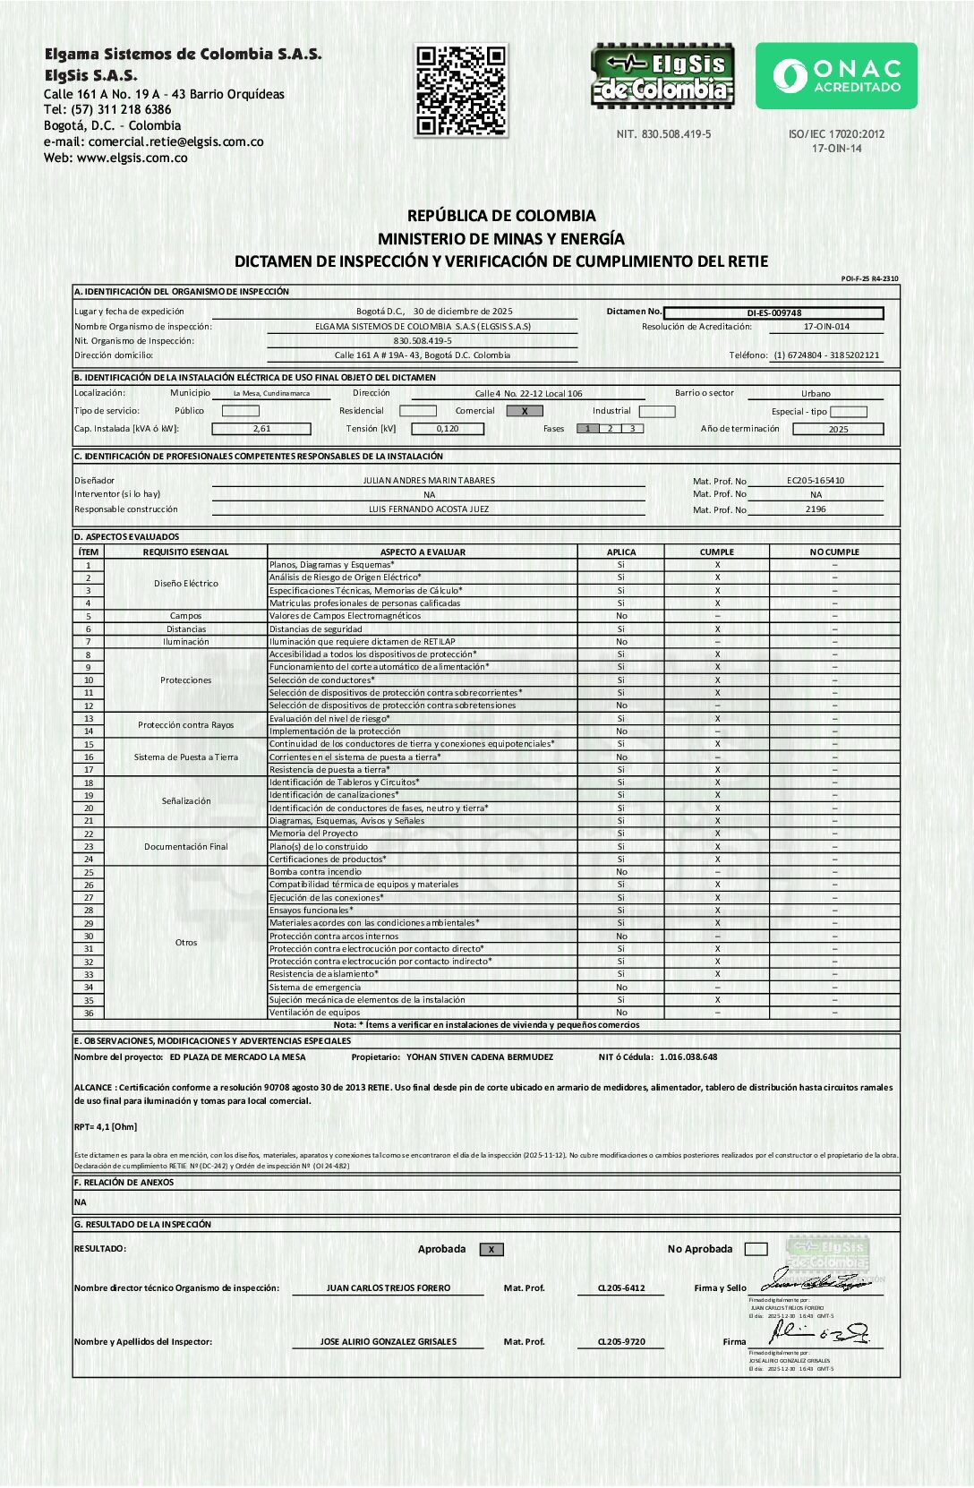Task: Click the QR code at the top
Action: pyautogui.click(x=461, y=90)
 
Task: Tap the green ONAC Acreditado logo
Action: pyautogui.click(x=836, y=76)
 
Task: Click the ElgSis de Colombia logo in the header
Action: pyautogui.click(x=662, y=76)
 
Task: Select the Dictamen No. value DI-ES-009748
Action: pyautogui.click(x=774, y=313)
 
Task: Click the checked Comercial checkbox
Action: pyautogui.click(x=525, y=411)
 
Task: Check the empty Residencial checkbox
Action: pyautogui.click(x=418, y=411)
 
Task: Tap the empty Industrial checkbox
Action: pyautogui.click(x=657, y=411)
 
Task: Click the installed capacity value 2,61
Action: pyautogui.click(x=261, y=429)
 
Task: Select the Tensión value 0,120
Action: pyautogui.click(x=448, y=429)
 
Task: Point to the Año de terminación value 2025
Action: pyautogui.click(x=838, y=430)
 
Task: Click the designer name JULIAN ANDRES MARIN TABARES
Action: pyautogui.click(x=429, y=481)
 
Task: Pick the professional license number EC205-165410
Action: pyautogui.click(x=816, y=481)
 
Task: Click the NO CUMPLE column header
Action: pyautogui.click(x=834, y=552)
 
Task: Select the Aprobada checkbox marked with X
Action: pyautogui.click(x=491, y=1250)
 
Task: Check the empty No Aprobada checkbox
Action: pyautogui.click(x=756, y=1249)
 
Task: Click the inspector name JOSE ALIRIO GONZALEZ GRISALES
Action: pyautogui.click(x=389, y=1342)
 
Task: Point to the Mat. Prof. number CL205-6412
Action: pyautogui.click(x=621, y=1288)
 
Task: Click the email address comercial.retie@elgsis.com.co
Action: pyautogui.click(x=176, y=141)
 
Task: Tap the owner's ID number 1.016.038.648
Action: pyautogui.click(x=688, y=1057)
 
